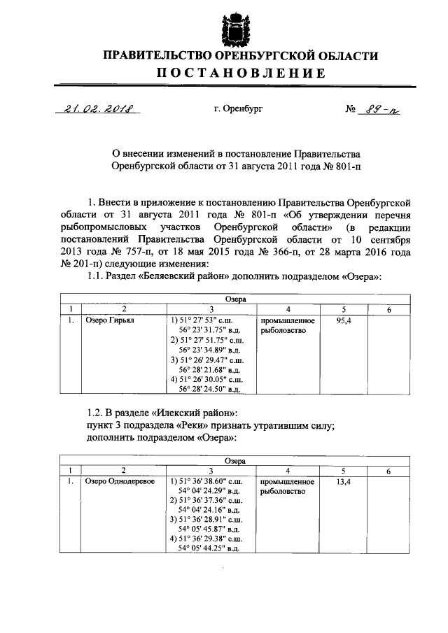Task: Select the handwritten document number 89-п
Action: click(379, 110)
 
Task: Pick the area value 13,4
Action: click(344, 482)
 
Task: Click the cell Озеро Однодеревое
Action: click(120, 482)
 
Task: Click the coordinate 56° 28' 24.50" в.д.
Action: click(210, 389)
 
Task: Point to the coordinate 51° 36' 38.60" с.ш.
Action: click(208, 482)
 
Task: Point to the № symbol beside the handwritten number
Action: click(351, 110)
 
